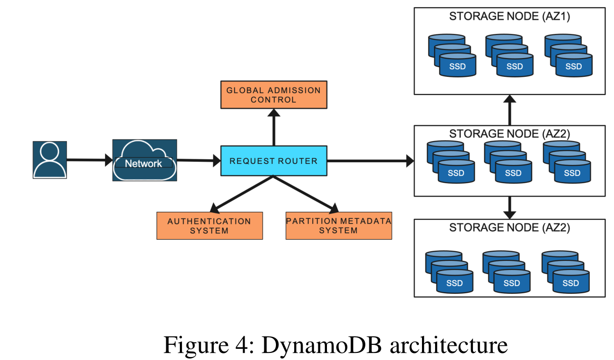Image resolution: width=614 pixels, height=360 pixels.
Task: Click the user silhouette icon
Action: pos(50,160)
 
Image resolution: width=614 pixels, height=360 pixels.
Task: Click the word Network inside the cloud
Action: pos(144,163)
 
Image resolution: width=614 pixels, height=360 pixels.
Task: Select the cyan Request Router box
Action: pos(273,161)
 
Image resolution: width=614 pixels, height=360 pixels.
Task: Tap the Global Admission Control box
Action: pos(273,95)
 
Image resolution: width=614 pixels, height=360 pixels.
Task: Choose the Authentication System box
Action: pos(209,226)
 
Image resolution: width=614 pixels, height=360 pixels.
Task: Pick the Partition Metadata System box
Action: pos(339,226)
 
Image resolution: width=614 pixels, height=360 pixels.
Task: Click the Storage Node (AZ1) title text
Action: pos(509,17)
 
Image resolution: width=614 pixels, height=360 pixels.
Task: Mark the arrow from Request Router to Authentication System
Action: pos(242,194)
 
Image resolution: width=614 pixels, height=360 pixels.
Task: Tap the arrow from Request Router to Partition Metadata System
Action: pos(305,194)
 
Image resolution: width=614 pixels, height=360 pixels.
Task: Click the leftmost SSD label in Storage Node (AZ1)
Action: pos(457,67)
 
